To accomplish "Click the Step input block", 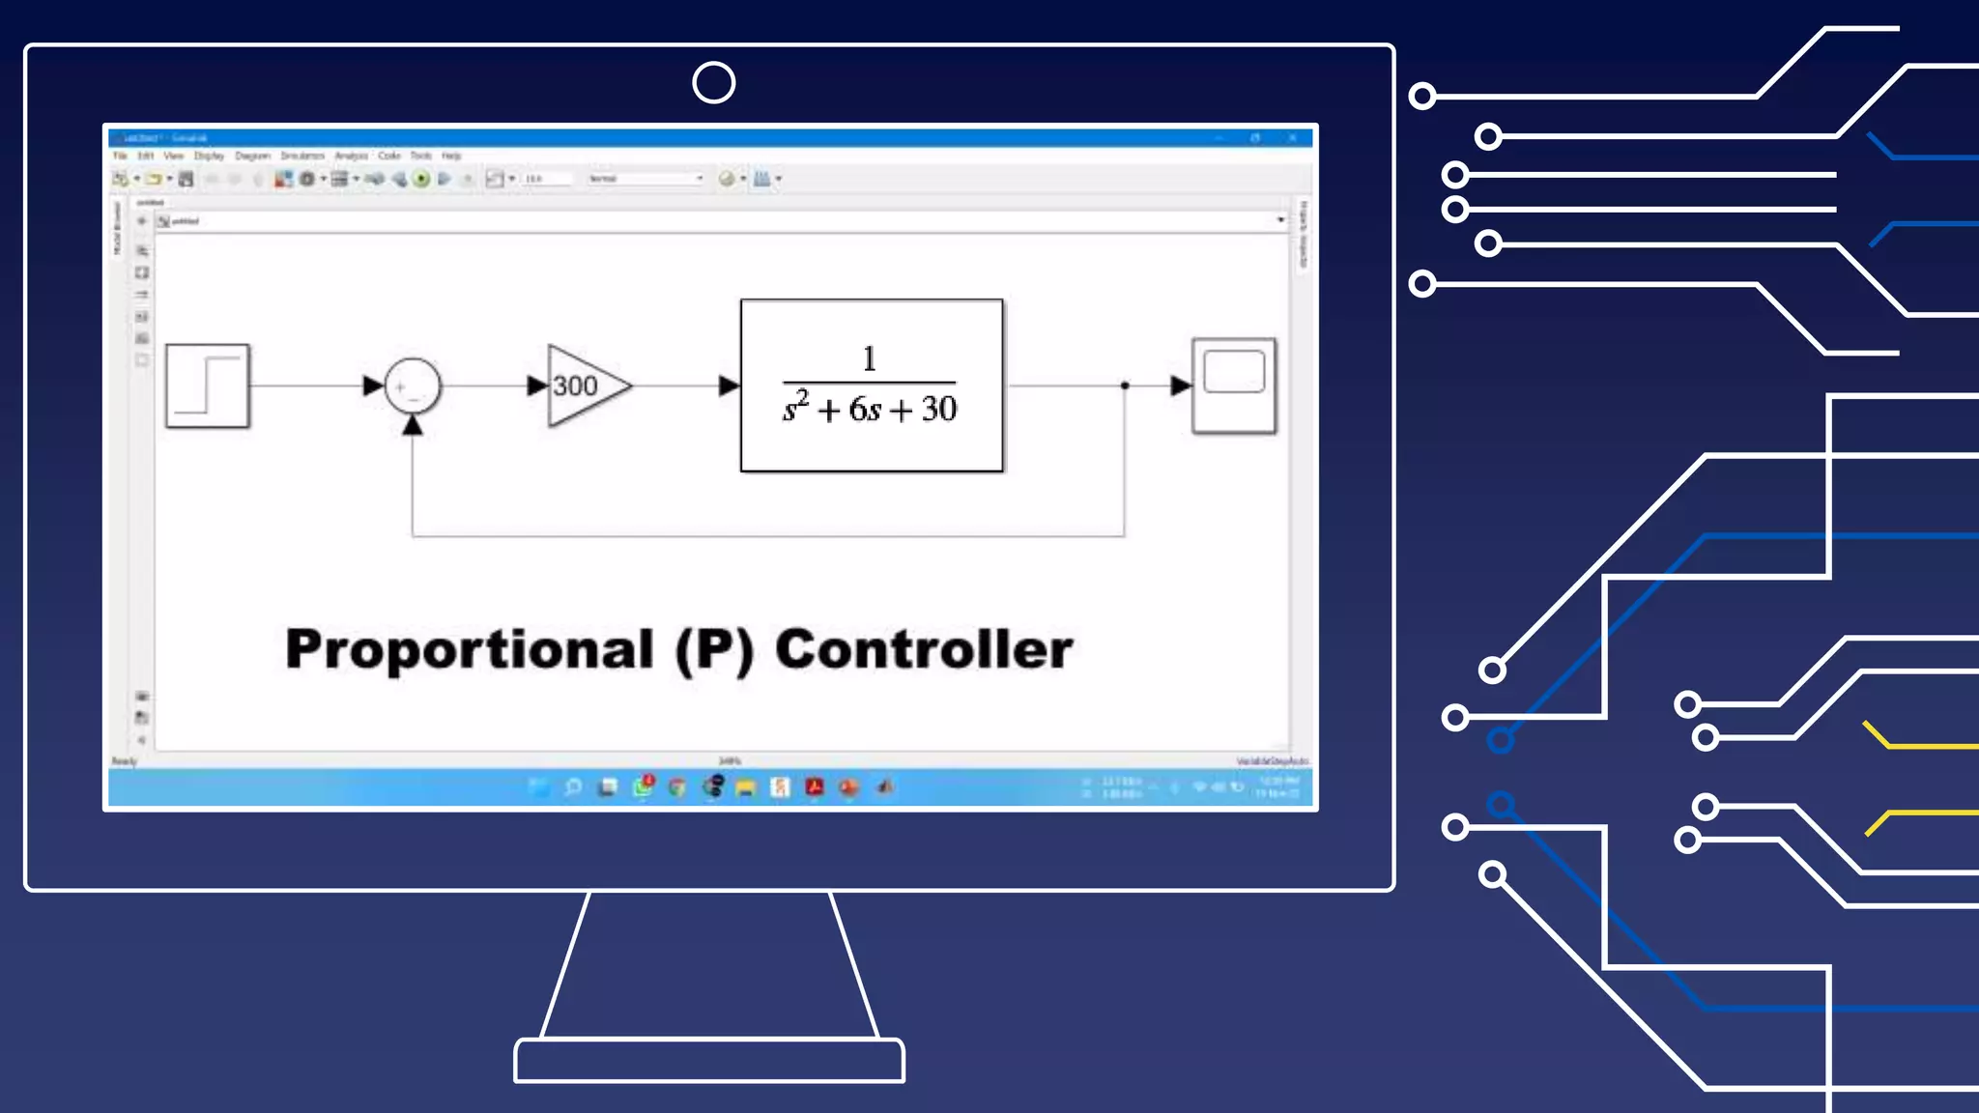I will tap(208, 385).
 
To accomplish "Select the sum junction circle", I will tap(413, 386).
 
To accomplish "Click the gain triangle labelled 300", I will tap(583, 385).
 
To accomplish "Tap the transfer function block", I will tap(872, 385).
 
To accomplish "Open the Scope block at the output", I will tap(1234, 385).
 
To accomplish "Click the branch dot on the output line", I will tap(1125, 385).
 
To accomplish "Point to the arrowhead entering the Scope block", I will tap(1181, 385).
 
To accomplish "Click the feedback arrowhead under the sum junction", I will tap(413, 425).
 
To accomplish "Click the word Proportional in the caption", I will tap(470, 649).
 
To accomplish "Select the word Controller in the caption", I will tap(924, 649).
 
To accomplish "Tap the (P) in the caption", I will tap(714, 649).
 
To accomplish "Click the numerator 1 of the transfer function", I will tap(869, 358).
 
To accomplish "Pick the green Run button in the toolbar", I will tap(421, 179).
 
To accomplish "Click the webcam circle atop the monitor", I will tap(714, 83).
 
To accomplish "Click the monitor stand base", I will tap(709, 1061).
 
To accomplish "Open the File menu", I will tap(120, 156).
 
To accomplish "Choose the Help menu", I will tap(451, 156).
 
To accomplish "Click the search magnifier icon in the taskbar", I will tap(573, 787).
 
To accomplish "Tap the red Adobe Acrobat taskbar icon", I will tap(815, 787).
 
